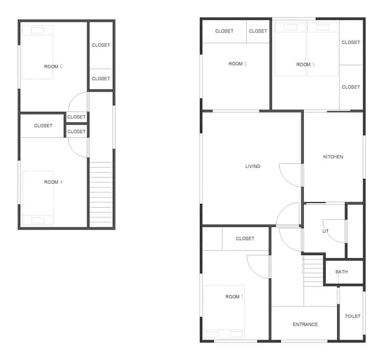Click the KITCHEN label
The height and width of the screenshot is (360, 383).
[333, 157]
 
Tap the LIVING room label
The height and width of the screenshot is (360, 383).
[253, 166]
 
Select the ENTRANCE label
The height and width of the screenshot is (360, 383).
[305, 324]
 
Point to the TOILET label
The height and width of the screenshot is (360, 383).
[353, 316]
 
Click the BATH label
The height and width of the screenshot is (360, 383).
[342, 272]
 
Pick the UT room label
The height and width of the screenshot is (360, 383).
[326, 231]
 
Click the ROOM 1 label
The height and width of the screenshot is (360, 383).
[234, 297]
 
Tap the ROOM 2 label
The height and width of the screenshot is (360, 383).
[237, 64]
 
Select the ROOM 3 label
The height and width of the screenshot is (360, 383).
[305, 64]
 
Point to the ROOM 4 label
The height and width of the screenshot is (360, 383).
[53, 182]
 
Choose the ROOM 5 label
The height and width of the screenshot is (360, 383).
[53, 67]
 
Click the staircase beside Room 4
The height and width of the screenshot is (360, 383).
[101, 194]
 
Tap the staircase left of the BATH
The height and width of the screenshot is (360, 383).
[313, 271]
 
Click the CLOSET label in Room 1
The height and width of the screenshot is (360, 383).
[245, 239]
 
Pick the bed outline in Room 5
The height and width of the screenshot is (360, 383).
[37, 52]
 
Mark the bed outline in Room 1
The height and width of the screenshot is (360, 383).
[224, 312]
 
